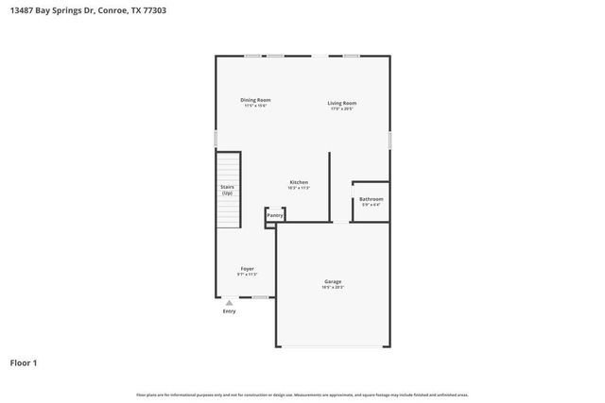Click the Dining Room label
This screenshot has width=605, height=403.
point(255,100)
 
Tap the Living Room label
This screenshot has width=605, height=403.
point(342,103)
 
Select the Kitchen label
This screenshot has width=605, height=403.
point(299,182)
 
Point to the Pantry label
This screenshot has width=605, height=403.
point(275,216)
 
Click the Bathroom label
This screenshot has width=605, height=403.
point(370,199)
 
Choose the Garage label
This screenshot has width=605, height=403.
point(333,281)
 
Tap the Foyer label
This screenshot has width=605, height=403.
point(247,268)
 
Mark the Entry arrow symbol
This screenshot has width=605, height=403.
point(229,302)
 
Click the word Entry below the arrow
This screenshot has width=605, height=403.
point(229,311)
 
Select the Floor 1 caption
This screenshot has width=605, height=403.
point(25,362)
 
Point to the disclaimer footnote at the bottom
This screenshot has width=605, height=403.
point(302,395)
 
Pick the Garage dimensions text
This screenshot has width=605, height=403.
point(333,287)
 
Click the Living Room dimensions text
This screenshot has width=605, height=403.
point(342,109)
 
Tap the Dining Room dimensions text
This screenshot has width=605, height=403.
point(255,106)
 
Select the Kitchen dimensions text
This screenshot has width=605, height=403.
point(299,188)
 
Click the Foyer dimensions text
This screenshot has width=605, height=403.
point(247,274)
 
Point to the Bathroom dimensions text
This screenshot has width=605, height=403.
point(370,205)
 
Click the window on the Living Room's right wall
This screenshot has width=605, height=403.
point(389,139)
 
